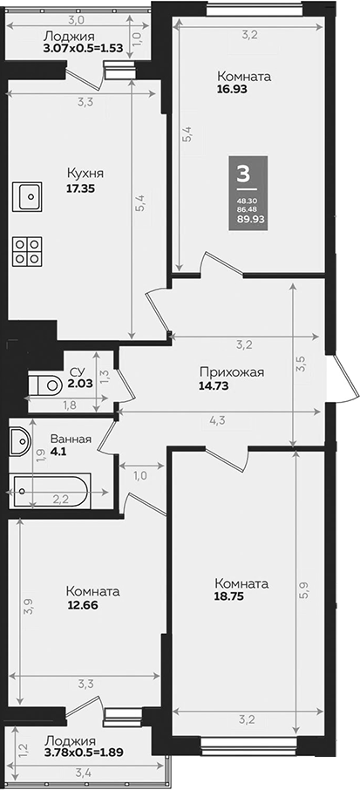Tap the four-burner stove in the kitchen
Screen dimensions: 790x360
tap(27, 251)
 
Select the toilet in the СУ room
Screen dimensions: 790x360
tap(44, 385)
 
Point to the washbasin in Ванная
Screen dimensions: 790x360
tap(19, 442)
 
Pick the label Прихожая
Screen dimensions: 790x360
tap(231, 373)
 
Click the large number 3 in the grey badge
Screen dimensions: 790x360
tap(242, 174)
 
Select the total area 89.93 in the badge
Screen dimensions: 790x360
tap(251, 220)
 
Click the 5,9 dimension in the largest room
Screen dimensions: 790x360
tap(303, 589)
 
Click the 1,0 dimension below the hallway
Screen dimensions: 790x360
tap(139, 476)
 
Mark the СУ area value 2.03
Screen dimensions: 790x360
tap(80, 381)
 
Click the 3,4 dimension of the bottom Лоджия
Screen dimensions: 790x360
tap(84, 771)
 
